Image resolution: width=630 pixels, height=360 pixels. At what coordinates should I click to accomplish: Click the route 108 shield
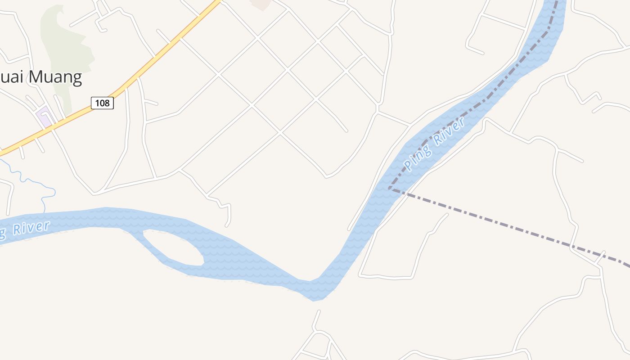tap(102, 103)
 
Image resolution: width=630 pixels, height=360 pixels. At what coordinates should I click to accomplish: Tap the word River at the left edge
tap(31, 228)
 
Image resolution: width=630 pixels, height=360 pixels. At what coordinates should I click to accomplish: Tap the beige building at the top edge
tap(261, 4)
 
